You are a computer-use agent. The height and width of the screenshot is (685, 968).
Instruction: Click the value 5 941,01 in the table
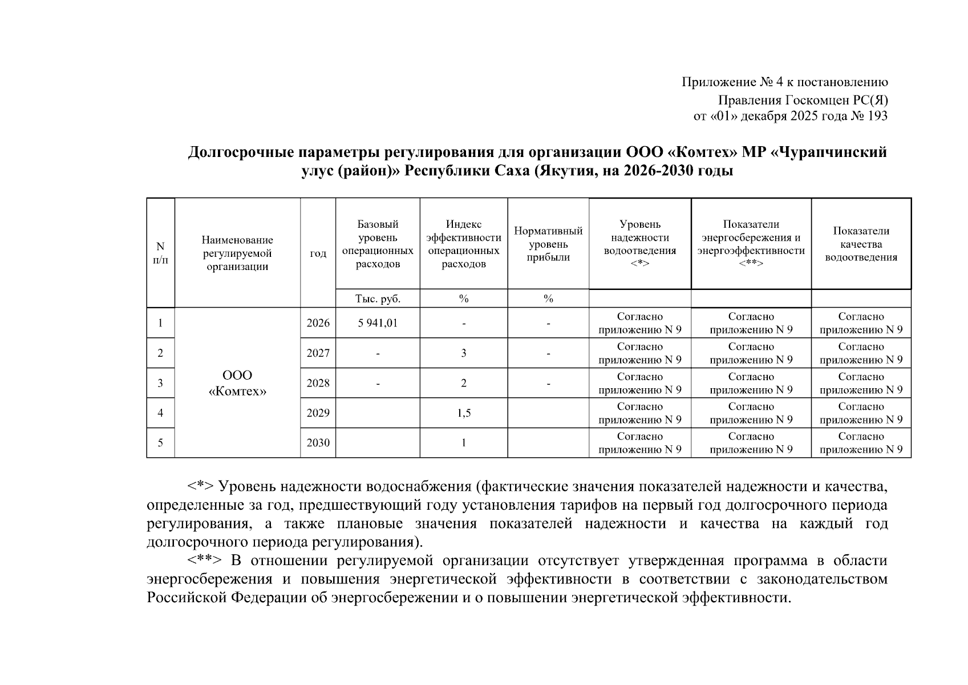(x=378, y=323)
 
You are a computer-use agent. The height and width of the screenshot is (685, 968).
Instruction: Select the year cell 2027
(x=318, y=353)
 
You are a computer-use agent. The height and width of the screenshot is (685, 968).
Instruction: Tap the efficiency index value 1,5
(x=464, y=413)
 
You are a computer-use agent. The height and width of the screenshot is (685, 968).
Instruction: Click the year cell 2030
(x=318, y=443)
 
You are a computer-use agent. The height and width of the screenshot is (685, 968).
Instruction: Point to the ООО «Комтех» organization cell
(x=237, y=383)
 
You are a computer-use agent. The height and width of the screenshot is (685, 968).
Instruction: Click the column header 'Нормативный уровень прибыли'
(x=548, y=244)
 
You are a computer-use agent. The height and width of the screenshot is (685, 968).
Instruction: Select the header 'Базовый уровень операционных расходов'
(x=378, y=244)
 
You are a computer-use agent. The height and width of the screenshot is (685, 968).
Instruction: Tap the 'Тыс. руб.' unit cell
(x=378, y=299)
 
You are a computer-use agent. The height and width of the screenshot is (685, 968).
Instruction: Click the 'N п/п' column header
(x=160, y=253)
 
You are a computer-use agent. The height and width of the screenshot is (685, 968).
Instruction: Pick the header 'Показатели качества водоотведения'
(x=861, y=244)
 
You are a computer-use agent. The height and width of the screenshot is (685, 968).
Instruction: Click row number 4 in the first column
(x=160, y=413)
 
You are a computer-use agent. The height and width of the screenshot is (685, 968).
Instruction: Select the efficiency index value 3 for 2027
(x=464, y=353)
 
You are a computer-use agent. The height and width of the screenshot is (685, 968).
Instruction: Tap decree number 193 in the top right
(x=877, y=116)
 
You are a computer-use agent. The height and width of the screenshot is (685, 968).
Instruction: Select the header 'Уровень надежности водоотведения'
(x=639, y=244)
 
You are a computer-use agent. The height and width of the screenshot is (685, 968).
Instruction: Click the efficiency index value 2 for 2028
(x=464, y=383)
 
